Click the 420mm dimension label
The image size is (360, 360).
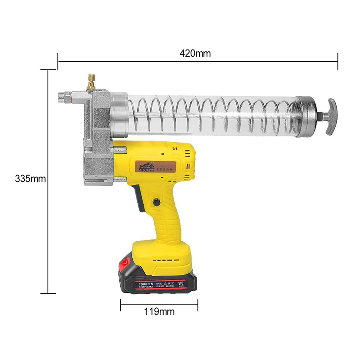coord(195,53)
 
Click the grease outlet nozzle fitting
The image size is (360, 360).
coord(66,97)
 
